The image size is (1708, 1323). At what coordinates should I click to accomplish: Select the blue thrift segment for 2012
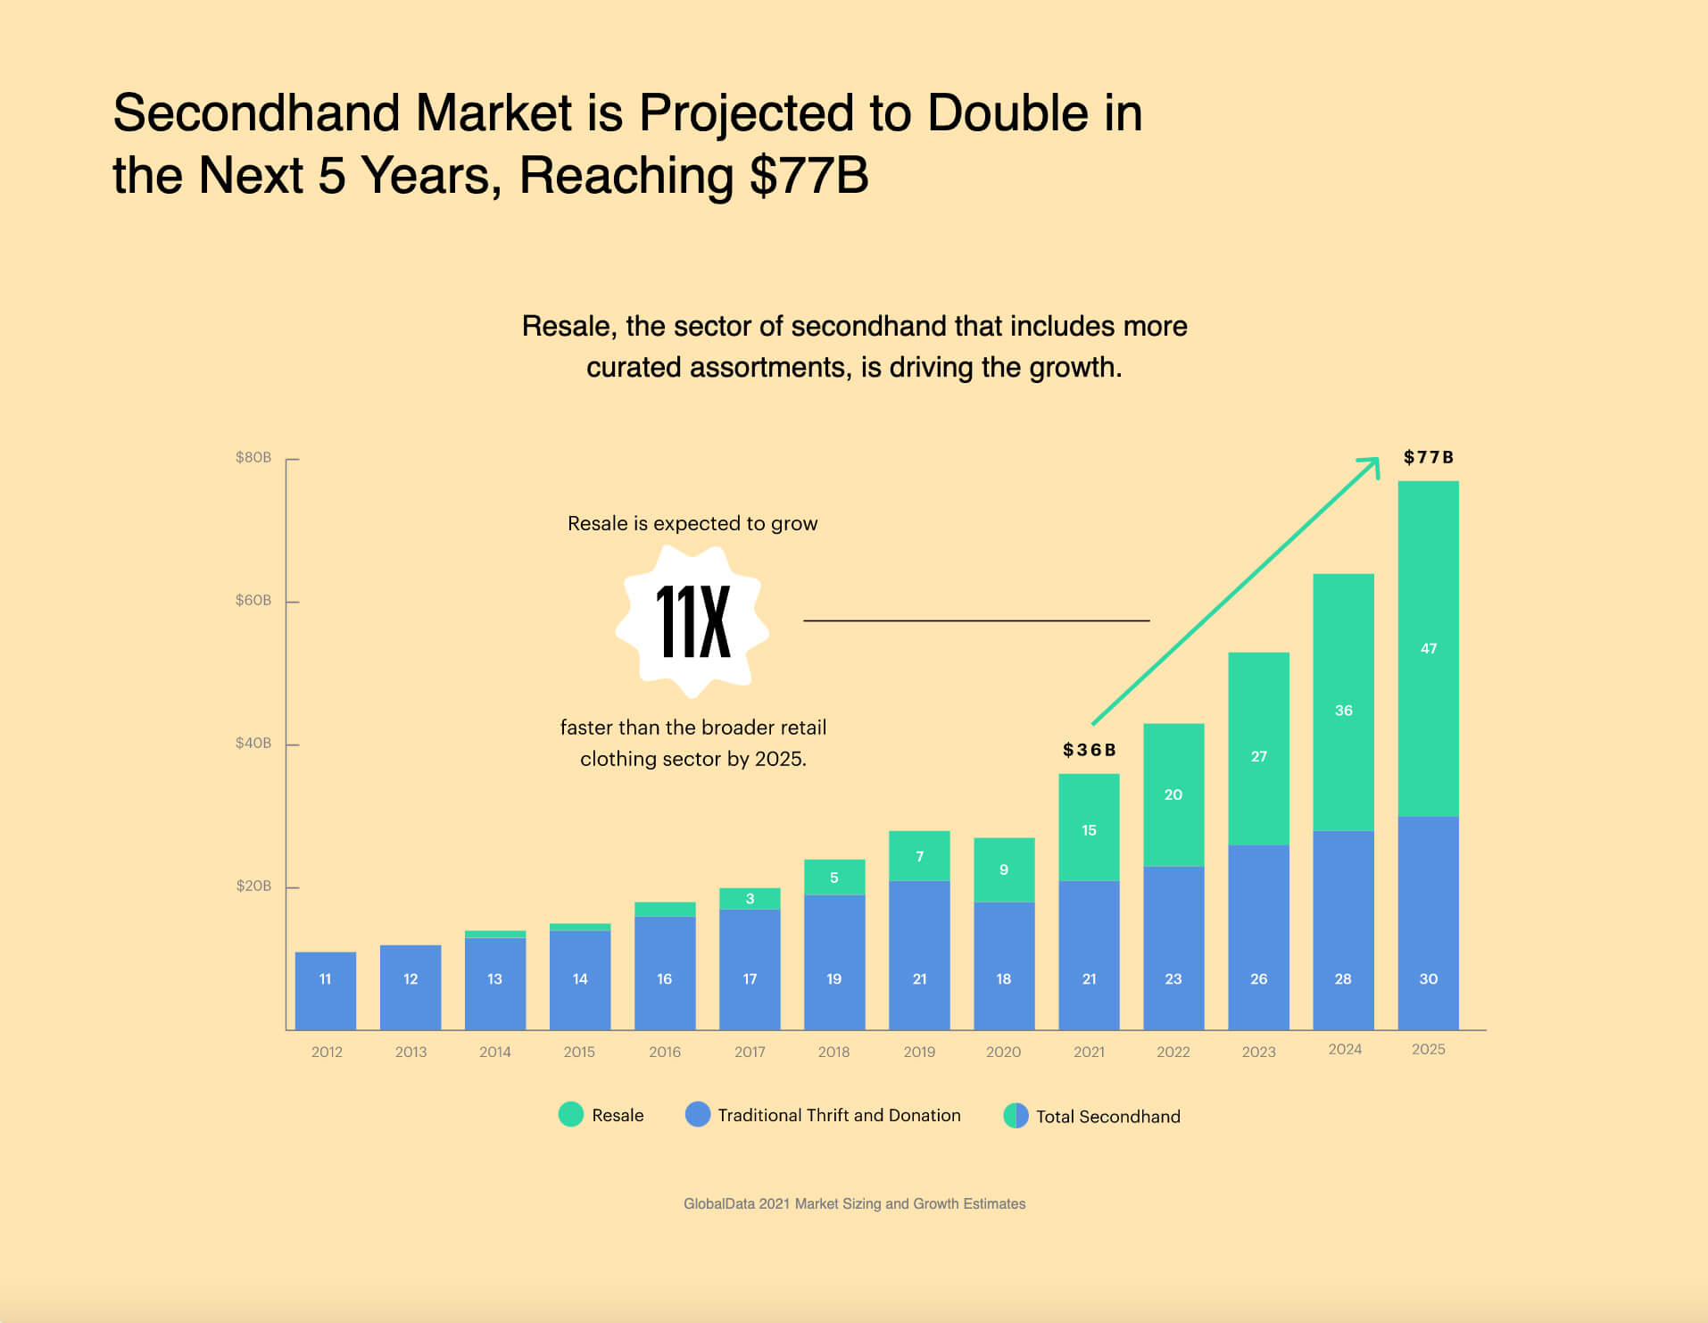tap(326, 991)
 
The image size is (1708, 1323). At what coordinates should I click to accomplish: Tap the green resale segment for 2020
tap(1004, 870)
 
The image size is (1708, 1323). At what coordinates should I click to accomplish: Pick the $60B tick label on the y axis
tap(253, 601)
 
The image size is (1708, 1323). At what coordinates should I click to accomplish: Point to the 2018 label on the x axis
tap(833, 1052)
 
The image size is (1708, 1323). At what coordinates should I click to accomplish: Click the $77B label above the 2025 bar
tap(1428, 458)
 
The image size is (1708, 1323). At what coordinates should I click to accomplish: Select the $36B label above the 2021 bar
tap(1089, 750)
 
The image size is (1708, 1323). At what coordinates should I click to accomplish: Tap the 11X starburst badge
tap(693, 621)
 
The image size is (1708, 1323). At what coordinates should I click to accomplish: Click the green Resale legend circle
tap(570, 1114)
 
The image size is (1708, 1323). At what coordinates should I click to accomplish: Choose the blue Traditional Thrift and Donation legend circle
tap(698, 1114)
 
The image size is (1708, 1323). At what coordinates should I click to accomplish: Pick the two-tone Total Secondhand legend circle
tap(1016, 1116)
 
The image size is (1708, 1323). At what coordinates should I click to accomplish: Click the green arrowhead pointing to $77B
tap(1372, 464)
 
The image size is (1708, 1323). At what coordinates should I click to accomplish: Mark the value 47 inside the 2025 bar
tap(1428, 649)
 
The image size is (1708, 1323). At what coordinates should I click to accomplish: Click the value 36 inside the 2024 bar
tap(1343, 711)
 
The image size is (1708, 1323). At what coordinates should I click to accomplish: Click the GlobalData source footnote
tap(854, 1203)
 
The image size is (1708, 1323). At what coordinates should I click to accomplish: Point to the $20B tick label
tap(253, 886)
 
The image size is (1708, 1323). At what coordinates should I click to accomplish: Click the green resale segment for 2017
tap(750, 899)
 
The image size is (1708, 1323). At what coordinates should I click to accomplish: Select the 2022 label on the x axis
tap(1173, 1052)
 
